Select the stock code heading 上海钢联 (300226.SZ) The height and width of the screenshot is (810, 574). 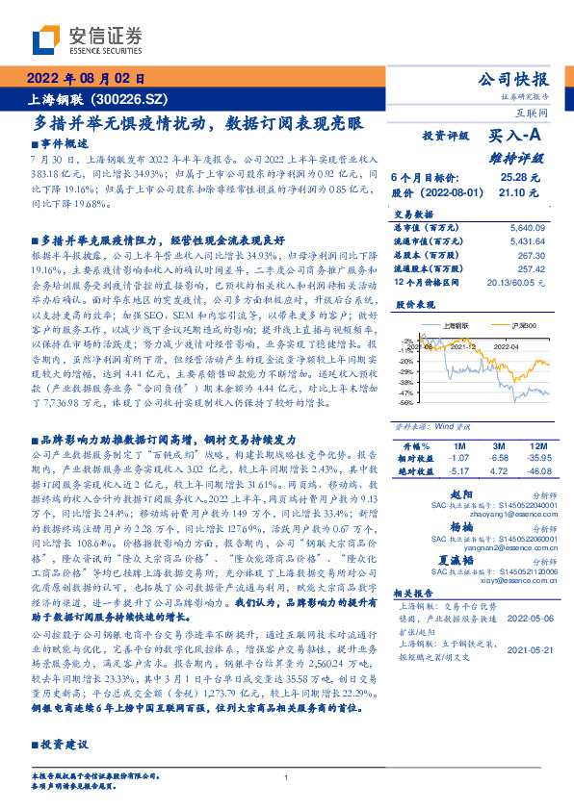(89, 99)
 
